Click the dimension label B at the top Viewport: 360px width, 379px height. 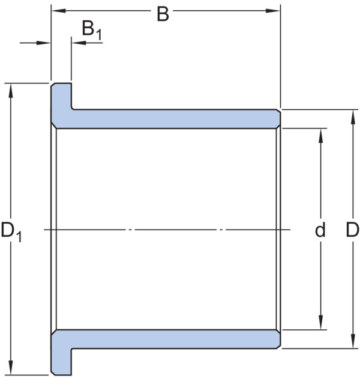pos(163,14)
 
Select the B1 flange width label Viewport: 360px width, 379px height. pos(92,30)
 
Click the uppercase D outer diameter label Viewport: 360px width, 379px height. pos(353,230)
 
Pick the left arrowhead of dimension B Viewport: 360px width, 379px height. pos(59,11)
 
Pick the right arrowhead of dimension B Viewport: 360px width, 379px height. pos(273,11)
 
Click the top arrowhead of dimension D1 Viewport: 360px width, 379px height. pos(11,91)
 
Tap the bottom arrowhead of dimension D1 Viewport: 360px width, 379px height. pos(11,368)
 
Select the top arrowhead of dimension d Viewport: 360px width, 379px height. pos(320,136)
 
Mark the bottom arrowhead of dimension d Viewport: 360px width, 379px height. pos(320,322)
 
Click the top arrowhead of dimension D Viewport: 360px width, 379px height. pos(353,117)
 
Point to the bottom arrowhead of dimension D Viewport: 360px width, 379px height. pos(353,341)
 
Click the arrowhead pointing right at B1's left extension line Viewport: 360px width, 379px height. pos(43,43)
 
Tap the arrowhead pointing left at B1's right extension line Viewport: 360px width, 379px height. pos(79,43)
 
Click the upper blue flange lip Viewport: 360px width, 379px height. pos(61,96)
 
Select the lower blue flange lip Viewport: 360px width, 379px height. pos(61,362)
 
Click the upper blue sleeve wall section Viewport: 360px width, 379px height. pos(169,119)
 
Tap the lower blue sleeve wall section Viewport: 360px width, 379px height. pos(169,339)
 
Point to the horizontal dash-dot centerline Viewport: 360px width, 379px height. pos(167,230)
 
